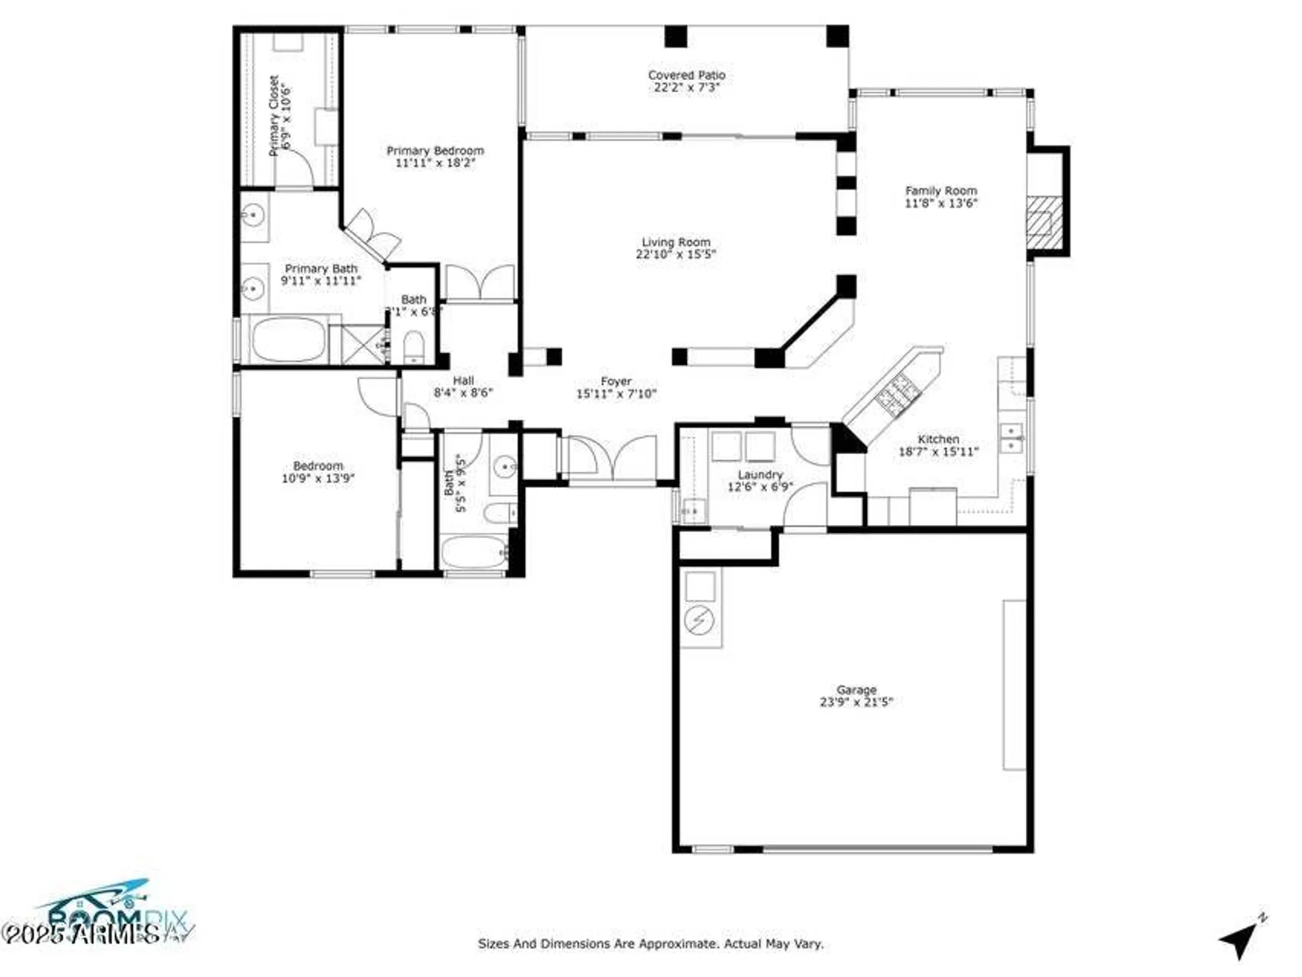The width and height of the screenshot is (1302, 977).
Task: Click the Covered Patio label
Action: pyautogui.click(x=686, y=76)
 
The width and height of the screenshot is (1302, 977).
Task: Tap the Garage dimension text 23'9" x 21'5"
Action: pyautogui.click(x=856, y=702)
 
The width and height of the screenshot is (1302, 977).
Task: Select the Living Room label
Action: pyautogui.click(x=675, y=242)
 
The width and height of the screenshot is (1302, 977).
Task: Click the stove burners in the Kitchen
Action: pyautogui.click(x=898, y=395)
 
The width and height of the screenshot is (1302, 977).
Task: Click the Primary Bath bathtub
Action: pyautogui.click(x=288, y=339)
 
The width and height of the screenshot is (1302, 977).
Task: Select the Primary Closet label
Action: pyautogui.click(x=274, y=116)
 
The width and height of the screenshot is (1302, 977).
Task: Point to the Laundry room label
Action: pyautogui.click(x=760, y=475)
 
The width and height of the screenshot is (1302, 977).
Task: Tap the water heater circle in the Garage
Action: pyautogui.click(x=699, y=620)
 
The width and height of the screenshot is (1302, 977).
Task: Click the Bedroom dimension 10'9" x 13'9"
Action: pyautogui.click(x=318, y=479)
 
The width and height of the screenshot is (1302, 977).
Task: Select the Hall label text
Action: pyautogui.click(x=463, y=380)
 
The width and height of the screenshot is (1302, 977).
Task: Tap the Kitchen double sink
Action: pyautogui.click(x=1011, y=438)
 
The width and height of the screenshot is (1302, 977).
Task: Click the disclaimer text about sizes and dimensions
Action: pyautogui.click(x=650, y=943)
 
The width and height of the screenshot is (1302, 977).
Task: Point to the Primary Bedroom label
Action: pyautogui.click(x=435, y=151)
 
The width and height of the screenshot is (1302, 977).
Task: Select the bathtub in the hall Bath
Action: pyautogui.click(x=474, y=552)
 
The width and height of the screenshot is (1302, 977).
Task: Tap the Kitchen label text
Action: pyautogui.click(x=938, y=439)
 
